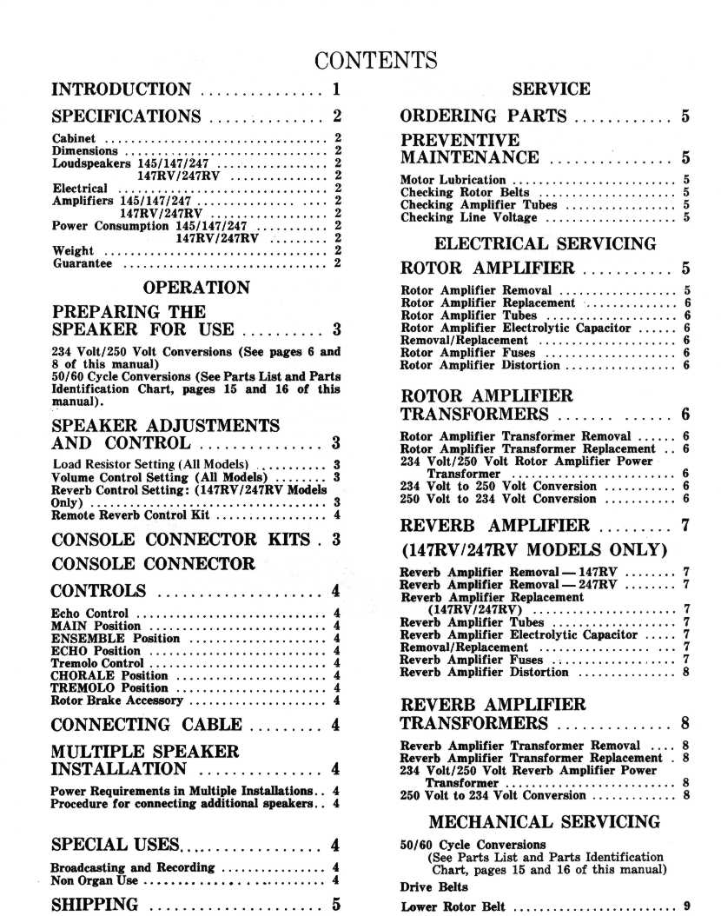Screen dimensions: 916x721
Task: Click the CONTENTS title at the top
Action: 375,60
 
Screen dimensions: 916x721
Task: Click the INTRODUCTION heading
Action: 122,90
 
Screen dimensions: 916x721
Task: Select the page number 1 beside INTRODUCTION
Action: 335,90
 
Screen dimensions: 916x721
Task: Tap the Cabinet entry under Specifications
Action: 76,138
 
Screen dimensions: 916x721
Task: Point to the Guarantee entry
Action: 82,263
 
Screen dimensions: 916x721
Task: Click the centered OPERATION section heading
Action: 196,288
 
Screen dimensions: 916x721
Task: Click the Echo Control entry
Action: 89,614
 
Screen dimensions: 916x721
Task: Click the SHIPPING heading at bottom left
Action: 95,905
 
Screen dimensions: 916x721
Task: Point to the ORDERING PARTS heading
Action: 483,116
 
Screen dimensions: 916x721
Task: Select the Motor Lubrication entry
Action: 453,181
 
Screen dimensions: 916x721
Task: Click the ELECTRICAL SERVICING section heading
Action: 545,244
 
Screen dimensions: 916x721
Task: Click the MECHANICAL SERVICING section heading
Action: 544,822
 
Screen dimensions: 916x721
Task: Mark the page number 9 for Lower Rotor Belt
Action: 686,907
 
